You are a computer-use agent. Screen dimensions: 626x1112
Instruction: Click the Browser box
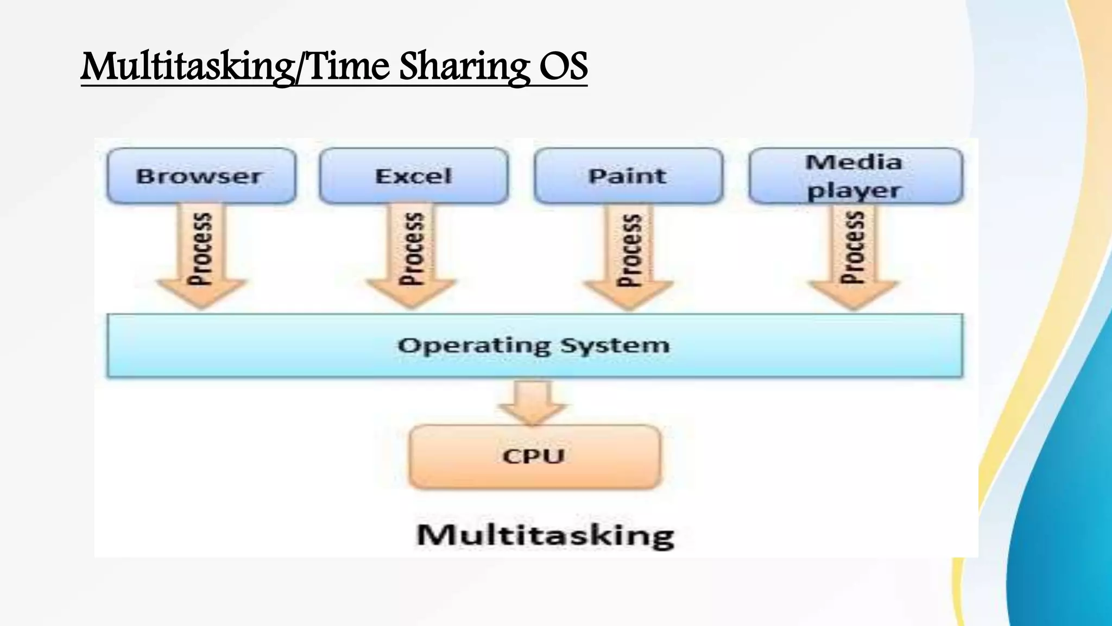[x=201, y=176]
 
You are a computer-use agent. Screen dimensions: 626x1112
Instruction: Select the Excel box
[x=414, y=176]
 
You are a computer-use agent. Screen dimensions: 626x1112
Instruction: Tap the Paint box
[x=628, y=176]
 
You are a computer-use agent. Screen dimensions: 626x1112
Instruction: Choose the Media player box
[x=855, y=176]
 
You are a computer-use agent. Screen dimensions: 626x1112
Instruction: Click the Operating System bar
[x=535, y=346]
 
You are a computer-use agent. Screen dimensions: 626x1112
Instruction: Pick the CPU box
[x=534, y=456]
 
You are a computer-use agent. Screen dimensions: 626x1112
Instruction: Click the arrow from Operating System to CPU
[x=533, y=402]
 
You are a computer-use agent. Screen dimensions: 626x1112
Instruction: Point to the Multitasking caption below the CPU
[x=545, y=535]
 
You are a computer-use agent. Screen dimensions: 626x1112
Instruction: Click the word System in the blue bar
[x=615, y=346]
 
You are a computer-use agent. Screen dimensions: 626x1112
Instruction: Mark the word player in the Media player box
[x=854, y=191]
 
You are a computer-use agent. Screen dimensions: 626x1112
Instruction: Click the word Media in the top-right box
[x=854, y=162]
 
